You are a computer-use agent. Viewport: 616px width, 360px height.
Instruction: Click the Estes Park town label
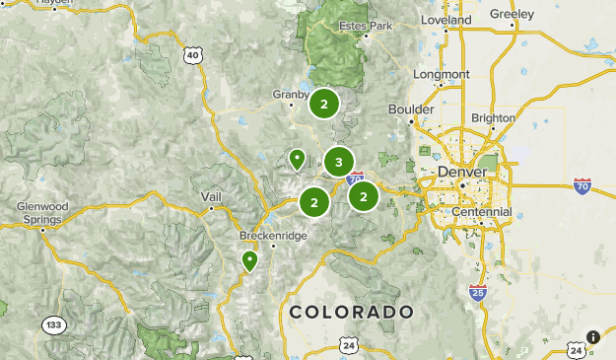coord(366,25)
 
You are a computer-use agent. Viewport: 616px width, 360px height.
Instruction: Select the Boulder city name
coord(412,108)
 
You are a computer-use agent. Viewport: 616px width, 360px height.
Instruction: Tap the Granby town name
coord(292,95)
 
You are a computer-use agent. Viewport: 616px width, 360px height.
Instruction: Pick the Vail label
coord(211,196)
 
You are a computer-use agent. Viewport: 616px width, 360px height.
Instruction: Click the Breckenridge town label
coord(274,237)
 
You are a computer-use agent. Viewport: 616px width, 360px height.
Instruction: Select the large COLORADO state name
coord(351,312)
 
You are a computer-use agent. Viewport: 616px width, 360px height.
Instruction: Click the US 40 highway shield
coord(192,56)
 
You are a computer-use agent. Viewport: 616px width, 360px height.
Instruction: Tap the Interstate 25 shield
coord(478,292)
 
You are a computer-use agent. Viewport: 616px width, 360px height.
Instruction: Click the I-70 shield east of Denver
coord(582,185)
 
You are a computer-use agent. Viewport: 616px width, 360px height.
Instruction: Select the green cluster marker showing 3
coord(338,162)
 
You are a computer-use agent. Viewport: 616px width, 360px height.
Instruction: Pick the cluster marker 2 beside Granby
coord(323,103)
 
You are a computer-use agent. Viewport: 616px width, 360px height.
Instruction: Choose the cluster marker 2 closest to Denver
coord(364,195)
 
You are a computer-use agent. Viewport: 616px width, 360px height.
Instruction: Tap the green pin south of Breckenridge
coord(249,261)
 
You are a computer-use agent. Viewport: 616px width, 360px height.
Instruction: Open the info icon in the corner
coord(592,337)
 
